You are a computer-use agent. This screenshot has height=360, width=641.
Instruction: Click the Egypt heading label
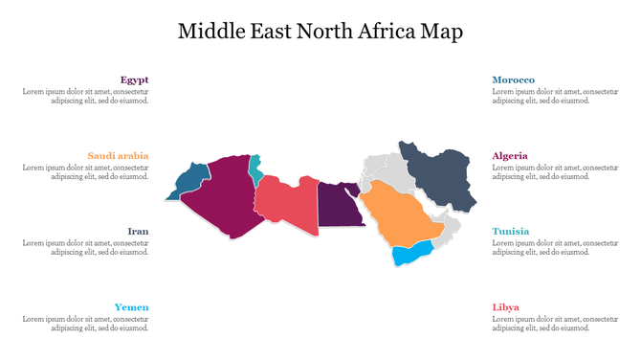click(x=134, y=79)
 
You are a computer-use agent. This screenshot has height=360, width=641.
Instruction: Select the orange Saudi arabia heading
click(x=118, y=155)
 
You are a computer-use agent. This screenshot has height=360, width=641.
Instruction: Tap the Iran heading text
click(x=138, y=231)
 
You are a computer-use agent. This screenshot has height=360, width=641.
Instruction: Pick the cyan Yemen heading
click(x=131, y=307)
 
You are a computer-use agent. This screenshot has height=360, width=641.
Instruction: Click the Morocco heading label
click(x=514, y=79)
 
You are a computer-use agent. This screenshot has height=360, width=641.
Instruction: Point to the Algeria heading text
click(x=510, y=155)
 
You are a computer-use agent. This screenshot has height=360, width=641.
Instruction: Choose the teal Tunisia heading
click(x=510, y=231)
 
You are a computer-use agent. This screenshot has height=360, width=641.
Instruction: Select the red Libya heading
click(x=506, y=307)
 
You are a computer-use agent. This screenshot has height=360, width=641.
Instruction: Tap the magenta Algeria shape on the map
click(x=225, y=196)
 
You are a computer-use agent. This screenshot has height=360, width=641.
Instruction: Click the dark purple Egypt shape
click(x=338, y=206)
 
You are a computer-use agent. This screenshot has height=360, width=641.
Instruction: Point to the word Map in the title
click(x=442, y=32)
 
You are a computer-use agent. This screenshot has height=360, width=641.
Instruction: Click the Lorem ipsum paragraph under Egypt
click(x=86, y=95)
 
